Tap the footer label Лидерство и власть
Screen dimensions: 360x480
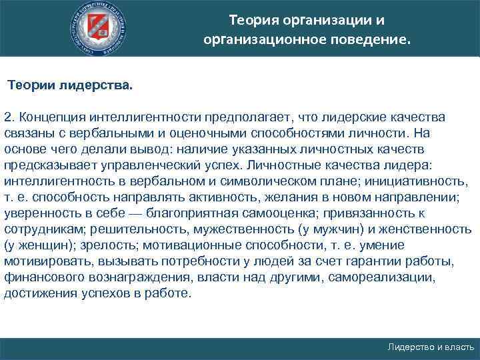[431, 347]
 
